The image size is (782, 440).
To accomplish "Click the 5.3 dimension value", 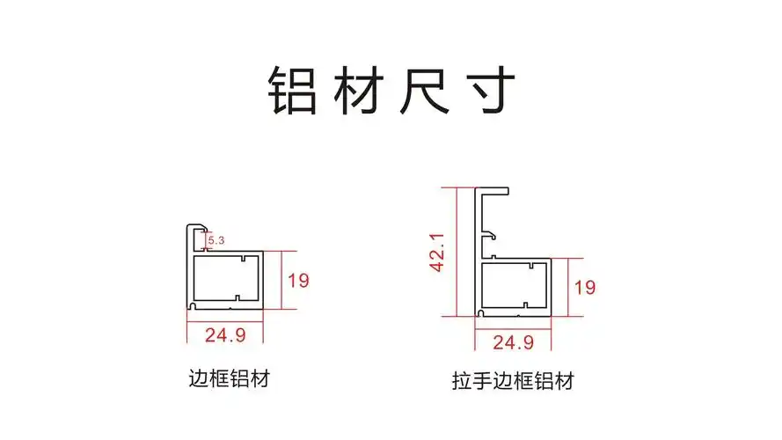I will pyautogui.click(x=216, y=238).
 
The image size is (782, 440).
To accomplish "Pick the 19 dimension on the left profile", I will pyautogui.click(x=298, y=281).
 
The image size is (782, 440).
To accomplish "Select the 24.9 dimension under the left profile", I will pyautogui.click(x=225, y=334).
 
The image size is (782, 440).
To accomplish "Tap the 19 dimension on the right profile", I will pyautogui.click(x=585, y=287).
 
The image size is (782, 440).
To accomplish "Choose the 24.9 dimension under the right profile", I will pyautogui.click(x=513, y=341).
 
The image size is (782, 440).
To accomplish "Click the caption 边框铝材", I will pyautogui.click(x=229, y=379).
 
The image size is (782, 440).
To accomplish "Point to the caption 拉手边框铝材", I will pyautogui.click(x=513, y=382).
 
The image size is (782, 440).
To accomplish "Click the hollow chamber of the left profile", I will pyautogui.click(x=225, y=281).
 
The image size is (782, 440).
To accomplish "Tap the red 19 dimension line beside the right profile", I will pyautogui.click(x=567, y=287).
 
